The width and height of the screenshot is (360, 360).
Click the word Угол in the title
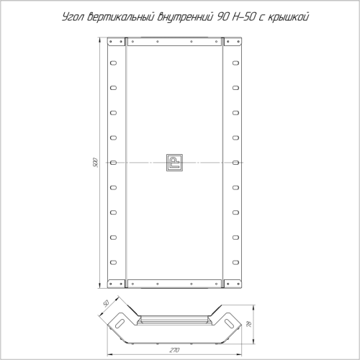point(73,17)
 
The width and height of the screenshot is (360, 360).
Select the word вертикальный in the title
point(120,17)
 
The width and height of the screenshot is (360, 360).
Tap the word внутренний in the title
point(185,17)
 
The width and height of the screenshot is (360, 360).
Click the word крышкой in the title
point(288,17)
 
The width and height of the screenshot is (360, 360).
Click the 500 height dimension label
point(96,163)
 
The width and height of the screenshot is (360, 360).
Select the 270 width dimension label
point(174,350)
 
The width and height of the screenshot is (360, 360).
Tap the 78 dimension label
point(249,325)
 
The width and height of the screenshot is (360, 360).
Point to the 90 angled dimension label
point(106,304)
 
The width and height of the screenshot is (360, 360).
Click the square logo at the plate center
point(174,163)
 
